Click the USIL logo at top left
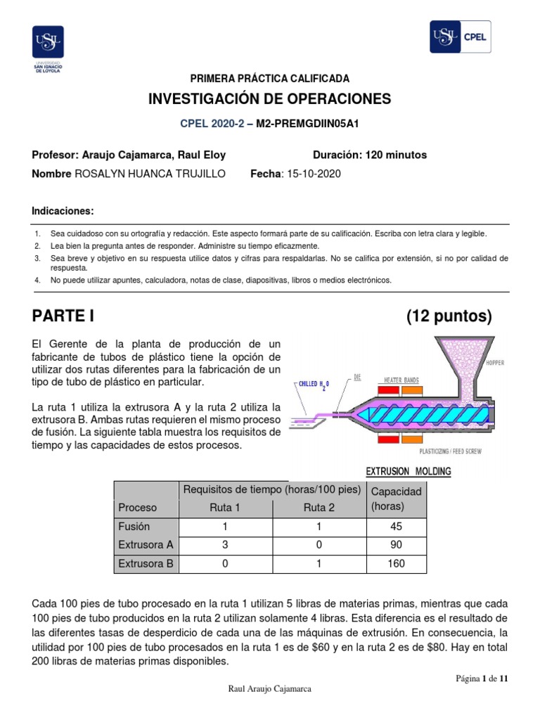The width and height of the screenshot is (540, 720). (48, 48)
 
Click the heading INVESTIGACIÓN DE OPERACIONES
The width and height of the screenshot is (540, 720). (269, 99)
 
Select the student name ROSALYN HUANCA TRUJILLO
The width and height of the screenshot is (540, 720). (150, 174)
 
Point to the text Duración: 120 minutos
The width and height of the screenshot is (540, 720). (369, 155)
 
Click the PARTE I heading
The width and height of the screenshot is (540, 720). (63, 316)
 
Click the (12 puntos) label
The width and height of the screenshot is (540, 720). (449, 316)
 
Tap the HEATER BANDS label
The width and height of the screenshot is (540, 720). (401, 380)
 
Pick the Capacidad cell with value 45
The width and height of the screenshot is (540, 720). (396, 526)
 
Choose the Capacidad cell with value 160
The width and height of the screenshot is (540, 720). (396, 563)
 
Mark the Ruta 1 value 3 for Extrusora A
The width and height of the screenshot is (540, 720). (226, 544)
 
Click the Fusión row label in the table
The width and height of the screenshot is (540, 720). (134, 526)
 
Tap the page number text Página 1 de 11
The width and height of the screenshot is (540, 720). (481, 678)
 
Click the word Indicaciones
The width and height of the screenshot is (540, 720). (63, 212)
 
